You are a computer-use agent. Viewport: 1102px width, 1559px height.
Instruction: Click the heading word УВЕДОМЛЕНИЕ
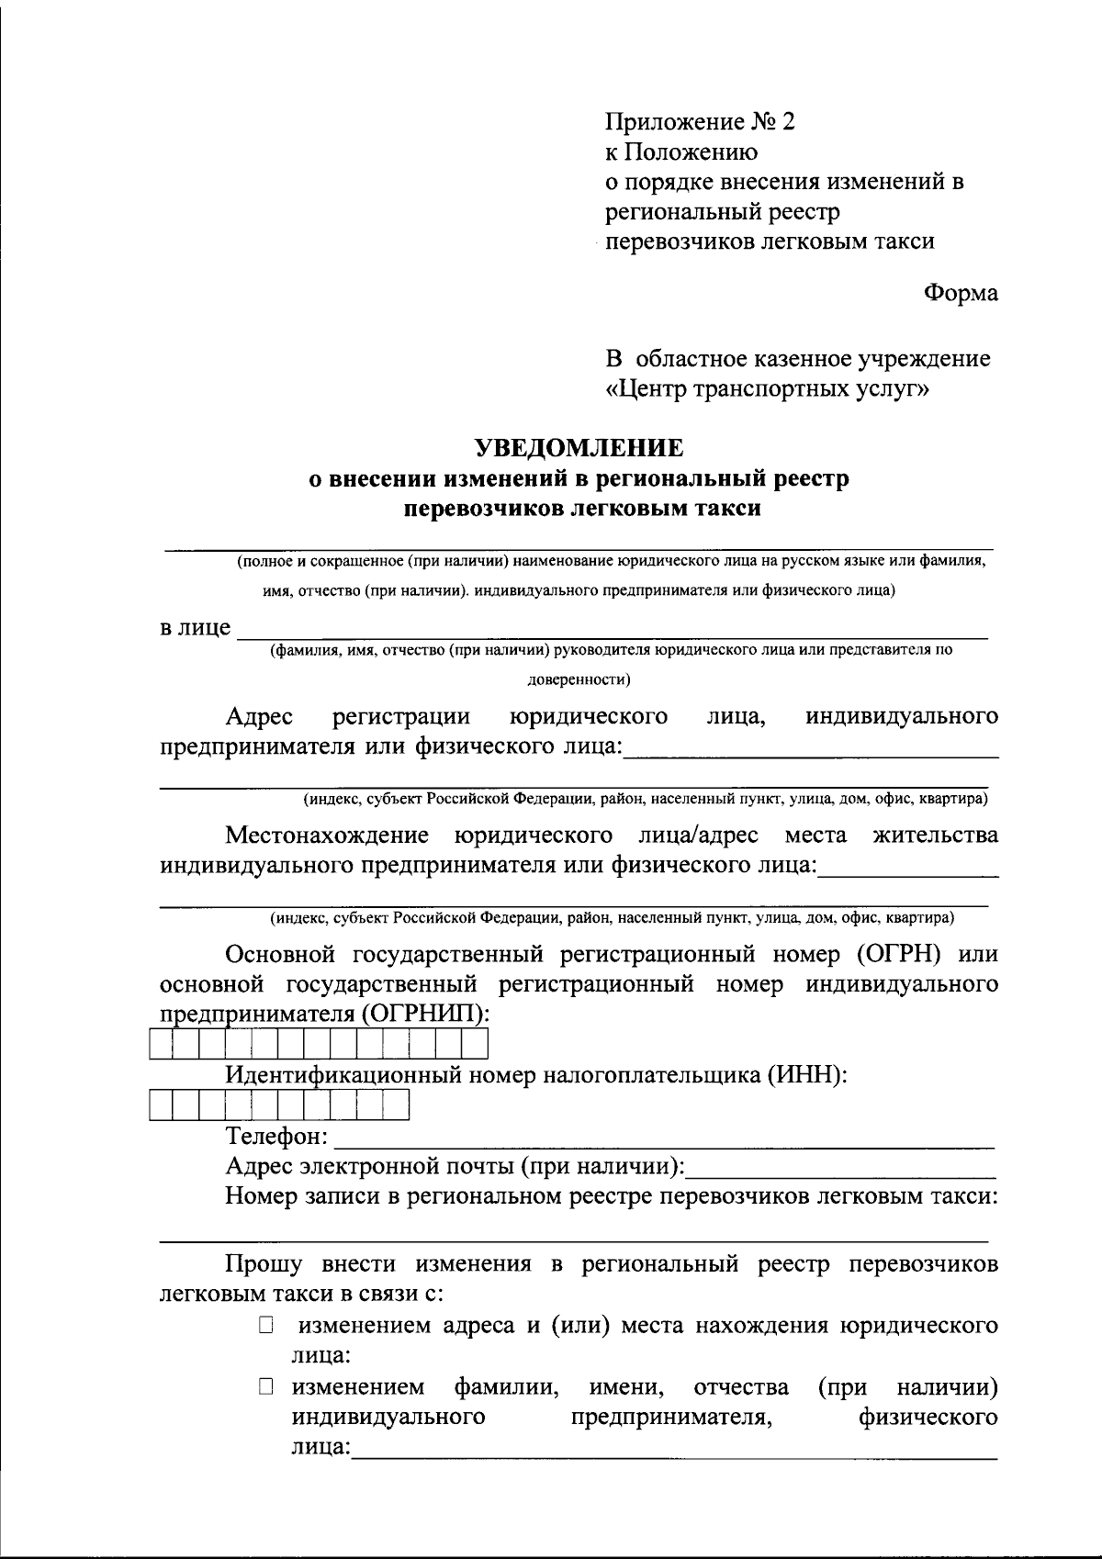579,448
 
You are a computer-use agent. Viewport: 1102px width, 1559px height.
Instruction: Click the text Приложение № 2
699,122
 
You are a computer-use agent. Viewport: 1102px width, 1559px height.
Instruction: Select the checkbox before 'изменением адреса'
266,1325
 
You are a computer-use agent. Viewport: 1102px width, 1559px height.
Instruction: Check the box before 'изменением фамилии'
266,1386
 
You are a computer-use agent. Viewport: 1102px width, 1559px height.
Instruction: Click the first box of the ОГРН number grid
161,1045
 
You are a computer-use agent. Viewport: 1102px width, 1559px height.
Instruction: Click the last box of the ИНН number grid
396,1106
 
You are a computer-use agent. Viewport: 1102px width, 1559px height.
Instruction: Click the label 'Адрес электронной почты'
454,1167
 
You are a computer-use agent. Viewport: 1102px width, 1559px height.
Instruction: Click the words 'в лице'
196,629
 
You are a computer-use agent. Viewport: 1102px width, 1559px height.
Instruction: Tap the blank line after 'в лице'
613,633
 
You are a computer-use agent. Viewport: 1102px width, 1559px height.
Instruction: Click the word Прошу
264,1264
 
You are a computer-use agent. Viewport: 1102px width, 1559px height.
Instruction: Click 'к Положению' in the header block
680,152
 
